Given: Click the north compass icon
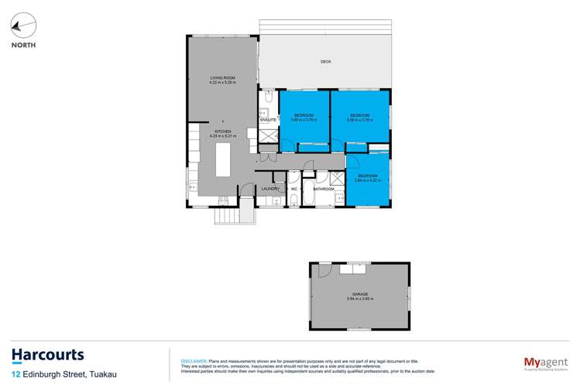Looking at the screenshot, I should pyautogui.click(x=23, y=26).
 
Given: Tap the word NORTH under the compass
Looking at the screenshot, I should pyautogui.click(x=23, y=45).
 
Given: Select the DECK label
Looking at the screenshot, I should pyautogui.click(x=326, y=62).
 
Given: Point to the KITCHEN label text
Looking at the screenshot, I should pyautogui.click(x=223, y=132).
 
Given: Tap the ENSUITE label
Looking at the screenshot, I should pyautogui.click(x=269, y=120).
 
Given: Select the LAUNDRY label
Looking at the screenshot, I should pyautogui.click(x=270, y=189).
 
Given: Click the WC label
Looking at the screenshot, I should pyautogui.click(x=294, y=189).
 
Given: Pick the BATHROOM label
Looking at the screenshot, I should pyautogui.click(x=324, y=189).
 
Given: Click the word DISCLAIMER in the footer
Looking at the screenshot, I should pyautogui.click(x=193, y=360).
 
